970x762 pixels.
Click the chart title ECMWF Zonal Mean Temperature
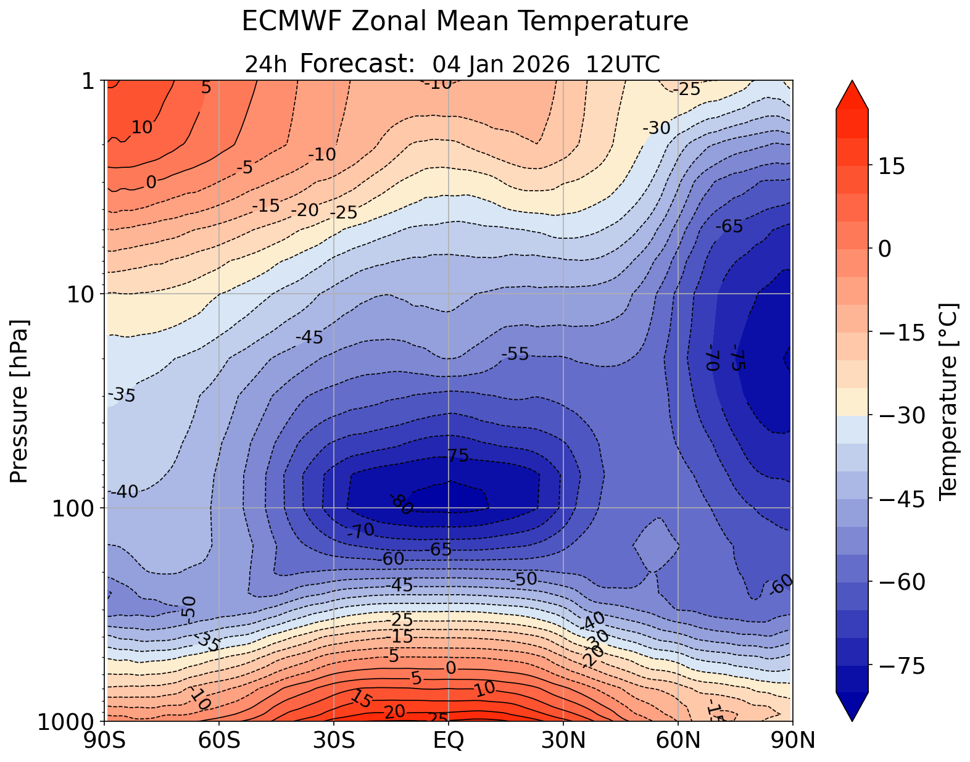coord(465,22)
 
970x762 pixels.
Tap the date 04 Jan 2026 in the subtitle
coord(501,64)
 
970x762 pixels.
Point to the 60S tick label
coord(220,740)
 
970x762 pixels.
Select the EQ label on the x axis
coord(449,740)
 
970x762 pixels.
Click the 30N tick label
coord(563,740)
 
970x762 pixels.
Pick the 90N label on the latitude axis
coord(792,740)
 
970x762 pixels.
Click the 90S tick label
coord(106,740)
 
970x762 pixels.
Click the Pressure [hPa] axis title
coord(20,401)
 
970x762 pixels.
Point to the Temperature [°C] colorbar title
coord(947,401)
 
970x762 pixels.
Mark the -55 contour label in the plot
coord(515,354)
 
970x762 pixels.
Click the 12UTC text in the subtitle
coord(623,64)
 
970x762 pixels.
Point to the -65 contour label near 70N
coord(729,226)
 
